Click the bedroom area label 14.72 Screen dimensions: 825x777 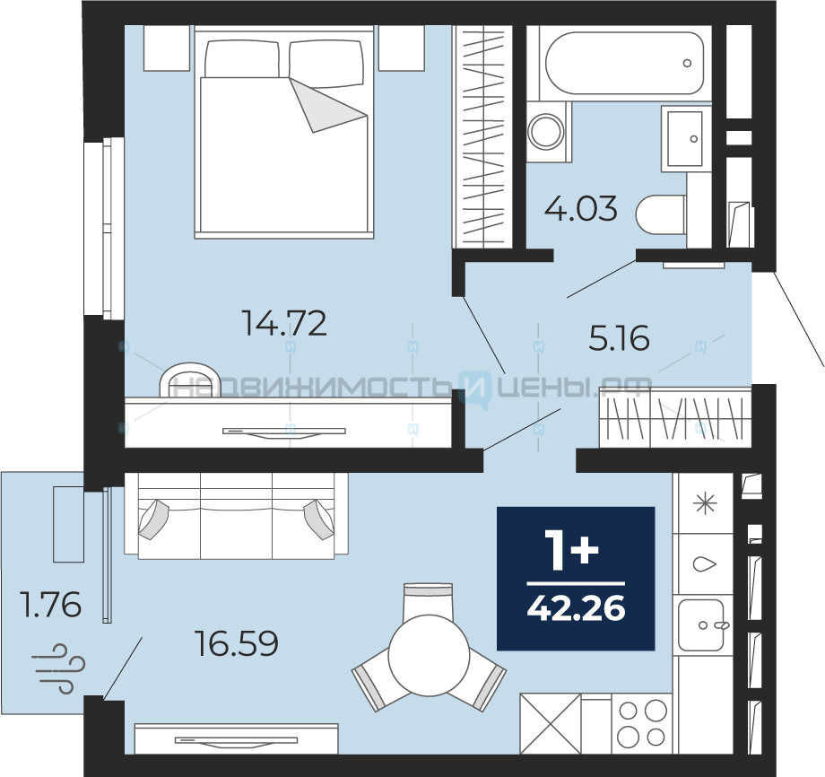284,323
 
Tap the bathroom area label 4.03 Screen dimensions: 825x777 580,208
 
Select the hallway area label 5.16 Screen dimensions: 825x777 620,338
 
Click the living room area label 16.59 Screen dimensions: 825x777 236,642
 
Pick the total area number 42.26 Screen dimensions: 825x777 576,608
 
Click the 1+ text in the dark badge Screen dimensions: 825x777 572,550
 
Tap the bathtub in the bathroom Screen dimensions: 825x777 624,63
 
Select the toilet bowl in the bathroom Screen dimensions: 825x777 661,214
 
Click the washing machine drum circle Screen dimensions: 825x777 547,131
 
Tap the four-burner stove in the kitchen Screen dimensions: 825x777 642,723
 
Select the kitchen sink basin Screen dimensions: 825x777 701,624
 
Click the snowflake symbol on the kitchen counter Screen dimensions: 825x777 705,503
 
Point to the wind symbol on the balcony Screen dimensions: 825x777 57,668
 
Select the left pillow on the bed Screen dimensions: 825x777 242,59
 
